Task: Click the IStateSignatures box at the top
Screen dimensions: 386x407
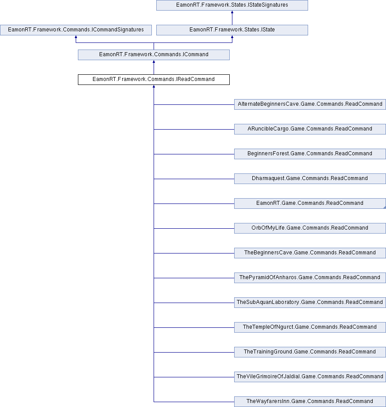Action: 232,5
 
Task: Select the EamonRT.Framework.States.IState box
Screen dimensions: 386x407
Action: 232,30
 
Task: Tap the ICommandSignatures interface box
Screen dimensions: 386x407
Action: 76,30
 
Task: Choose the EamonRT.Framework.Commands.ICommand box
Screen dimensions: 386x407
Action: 154,55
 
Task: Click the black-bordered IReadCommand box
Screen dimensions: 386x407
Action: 154,80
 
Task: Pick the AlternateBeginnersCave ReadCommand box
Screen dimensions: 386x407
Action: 310,104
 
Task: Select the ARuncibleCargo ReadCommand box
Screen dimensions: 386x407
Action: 310,129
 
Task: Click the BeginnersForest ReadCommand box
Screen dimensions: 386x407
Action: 310,154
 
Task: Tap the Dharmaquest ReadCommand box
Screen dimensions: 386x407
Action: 310,179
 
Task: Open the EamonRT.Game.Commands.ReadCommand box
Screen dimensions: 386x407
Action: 310,203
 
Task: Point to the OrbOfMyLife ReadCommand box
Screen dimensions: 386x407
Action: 310,228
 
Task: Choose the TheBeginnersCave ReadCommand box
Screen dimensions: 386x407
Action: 310,253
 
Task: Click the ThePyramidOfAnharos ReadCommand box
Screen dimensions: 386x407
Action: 310,278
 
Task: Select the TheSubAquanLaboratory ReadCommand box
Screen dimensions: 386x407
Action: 310,303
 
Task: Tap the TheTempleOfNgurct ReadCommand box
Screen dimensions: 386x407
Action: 310,327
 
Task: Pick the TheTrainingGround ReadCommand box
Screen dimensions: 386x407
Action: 310,352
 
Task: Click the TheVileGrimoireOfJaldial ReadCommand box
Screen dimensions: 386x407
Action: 310,377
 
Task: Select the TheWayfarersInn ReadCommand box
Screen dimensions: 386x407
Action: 310,402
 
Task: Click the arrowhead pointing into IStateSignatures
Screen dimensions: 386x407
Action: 232,12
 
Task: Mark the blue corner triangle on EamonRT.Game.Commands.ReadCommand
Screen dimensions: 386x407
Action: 385,207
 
